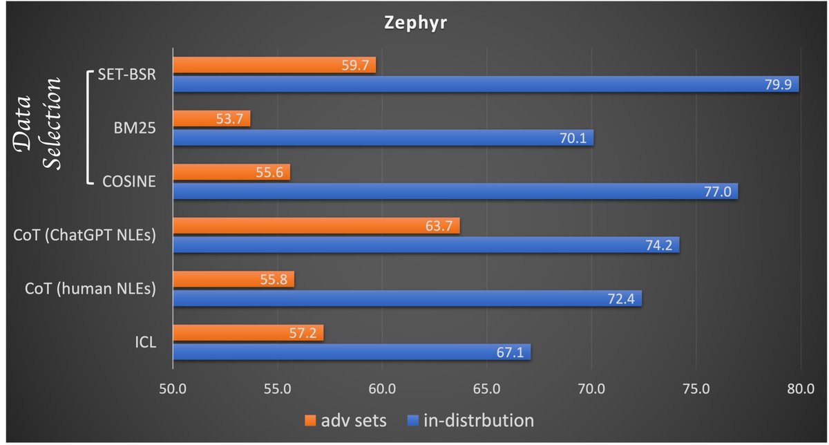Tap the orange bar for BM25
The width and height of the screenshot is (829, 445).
[x=211, y=119]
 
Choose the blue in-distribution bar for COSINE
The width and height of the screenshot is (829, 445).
[x=455, y=191]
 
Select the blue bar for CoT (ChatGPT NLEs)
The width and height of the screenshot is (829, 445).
[x=425, y=245]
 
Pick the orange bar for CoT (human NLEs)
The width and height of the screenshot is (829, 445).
[x=233, y=279]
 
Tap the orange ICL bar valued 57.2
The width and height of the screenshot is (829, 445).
[x=247, y=333]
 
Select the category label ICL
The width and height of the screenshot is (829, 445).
[x=146, y=343]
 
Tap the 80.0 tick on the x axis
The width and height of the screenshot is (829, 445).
[x=801, y=388]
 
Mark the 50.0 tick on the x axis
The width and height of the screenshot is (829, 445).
[x=172, y=388]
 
